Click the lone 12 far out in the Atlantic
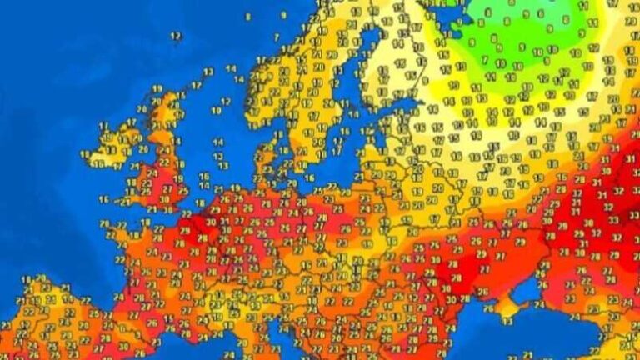click(176, 37)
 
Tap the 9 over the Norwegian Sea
click(283, 14)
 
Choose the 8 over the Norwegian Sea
click(247, 16)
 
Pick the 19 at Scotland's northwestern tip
click(157, 89)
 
